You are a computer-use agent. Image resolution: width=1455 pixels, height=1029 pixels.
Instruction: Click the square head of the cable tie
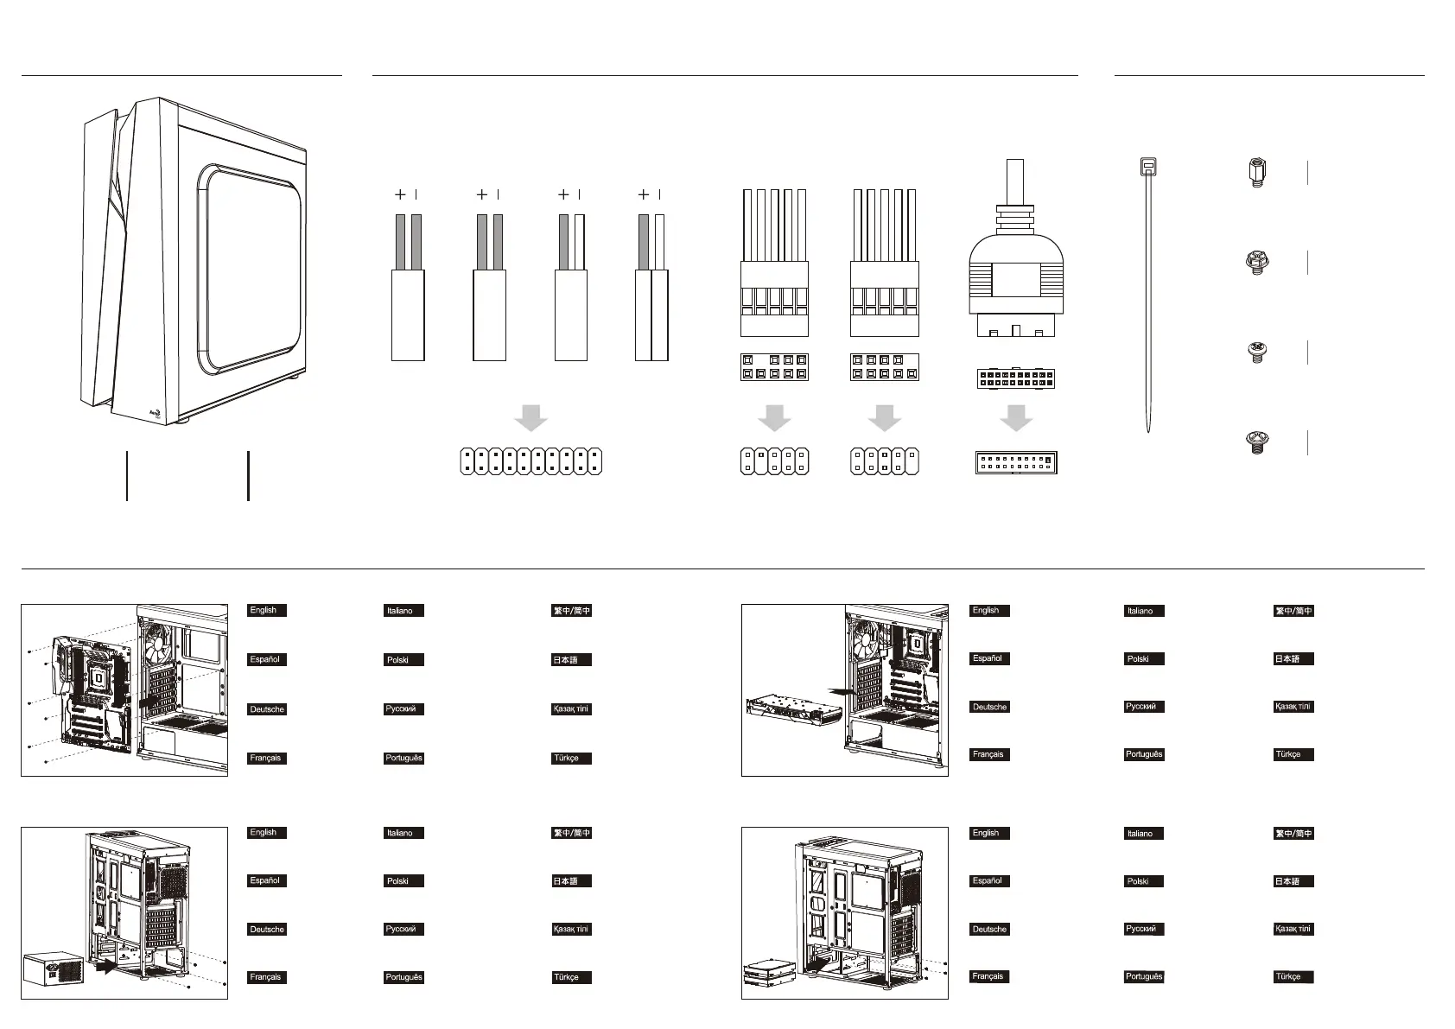coord(1147,167)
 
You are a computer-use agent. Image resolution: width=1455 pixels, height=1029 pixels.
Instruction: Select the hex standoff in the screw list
coord(1257,172)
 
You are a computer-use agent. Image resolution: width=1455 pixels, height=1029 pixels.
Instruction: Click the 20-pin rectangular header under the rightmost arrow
coord(1016,462)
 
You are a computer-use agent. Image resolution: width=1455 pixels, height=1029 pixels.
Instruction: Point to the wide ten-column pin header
coord(531,461)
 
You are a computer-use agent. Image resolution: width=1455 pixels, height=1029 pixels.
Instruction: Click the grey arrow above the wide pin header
coord(531,417)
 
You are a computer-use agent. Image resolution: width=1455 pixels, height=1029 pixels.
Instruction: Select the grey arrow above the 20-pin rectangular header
coord(1016,417)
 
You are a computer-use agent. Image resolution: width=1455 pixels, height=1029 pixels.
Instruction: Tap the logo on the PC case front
coord(156,414)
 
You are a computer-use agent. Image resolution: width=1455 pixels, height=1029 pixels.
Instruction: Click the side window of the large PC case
coord(250,269)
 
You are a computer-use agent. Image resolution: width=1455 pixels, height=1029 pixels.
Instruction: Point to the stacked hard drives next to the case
coord(770,974)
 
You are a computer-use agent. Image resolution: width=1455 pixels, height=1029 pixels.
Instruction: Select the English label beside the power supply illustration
coord(266,833)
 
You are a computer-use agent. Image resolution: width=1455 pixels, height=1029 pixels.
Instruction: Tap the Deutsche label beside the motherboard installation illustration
coord(266,709)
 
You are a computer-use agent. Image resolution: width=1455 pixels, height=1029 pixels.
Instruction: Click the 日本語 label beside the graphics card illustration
coord(1293,658)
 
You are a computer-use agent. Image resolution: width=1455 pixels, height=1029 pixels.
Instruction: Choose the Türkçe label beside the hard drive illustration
coord(1293,976)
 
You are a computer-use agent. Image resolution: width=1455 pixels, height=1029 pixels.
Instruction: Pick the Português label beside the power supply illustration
coord(403,977)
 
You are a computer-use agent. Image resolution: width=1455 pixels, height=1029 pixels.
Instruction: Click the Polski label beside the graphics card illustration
coord(1144,658)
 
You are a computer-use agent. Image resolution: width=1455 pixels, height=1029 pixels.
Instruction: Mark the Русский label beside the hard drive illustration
coord(1144,929)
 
